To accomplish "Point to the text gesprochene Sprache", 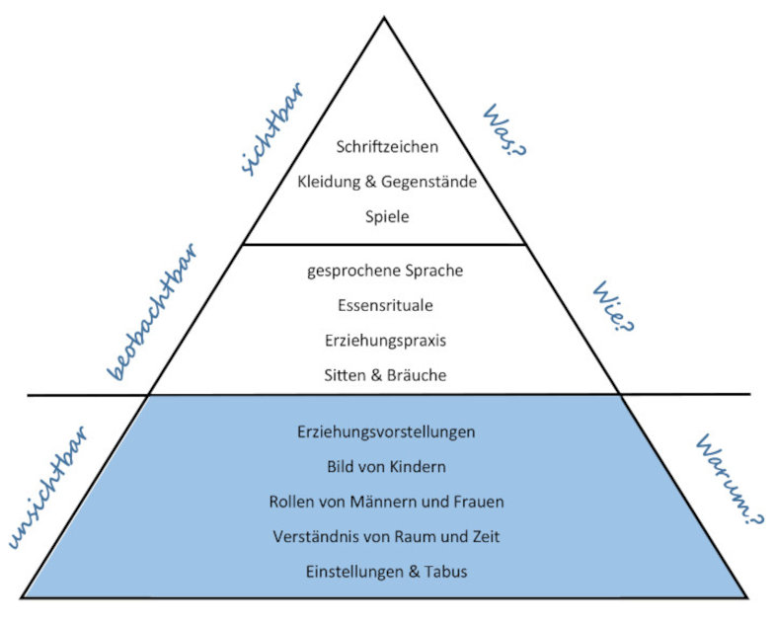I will [384, 271].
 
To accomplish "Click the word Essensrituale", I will [384, 305].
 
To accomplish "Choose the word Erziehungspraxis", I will [384, 340].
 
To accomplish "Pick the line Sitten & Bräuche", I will [384, 374].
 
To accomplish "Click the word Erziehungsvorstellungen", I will [386, 432].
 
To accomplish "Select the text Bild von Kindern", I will [386, 466].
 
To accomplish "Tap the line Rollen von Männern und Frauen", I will [386, 502].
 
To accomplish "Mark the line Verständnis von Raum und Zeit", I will [386, 536].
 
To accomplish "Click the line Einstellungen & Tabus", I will [386, 571].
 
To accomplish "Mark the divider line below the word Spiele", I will [384, 244].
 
